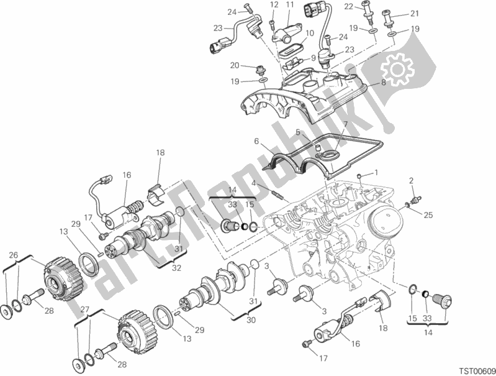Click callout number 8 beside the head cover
click(x=384, y=83)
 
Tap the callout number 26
click(x=13, y=255)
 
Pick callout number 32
click(x=176, y=268)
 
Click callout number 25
click(x=428, y=216)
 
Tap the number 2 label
click(x=411, y=181)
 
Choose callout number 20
click(x=235, y=65)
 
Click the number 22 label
click(x=349, y=6)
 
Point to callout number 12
click(x=274, y=4)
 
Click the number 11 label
click(x=290, y=4)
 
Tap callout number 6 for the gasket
click(x=256, y=142)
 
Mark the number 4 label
click(x=254, y=183)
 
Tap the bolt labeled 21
click(x=389, y=19)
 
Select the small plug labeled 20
click(x=261, y=69)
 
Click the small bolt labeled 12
click(x=272, y=25)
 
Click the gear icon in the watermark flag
click(x=398, y=70)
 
